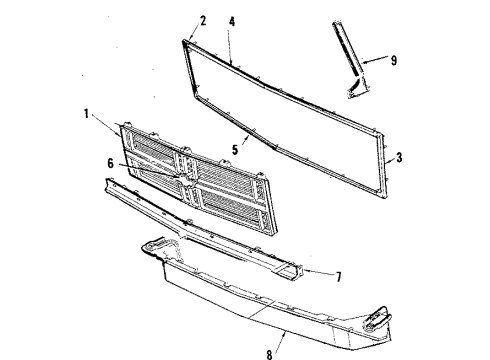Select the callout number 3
401,156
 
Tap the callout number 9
393,60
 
